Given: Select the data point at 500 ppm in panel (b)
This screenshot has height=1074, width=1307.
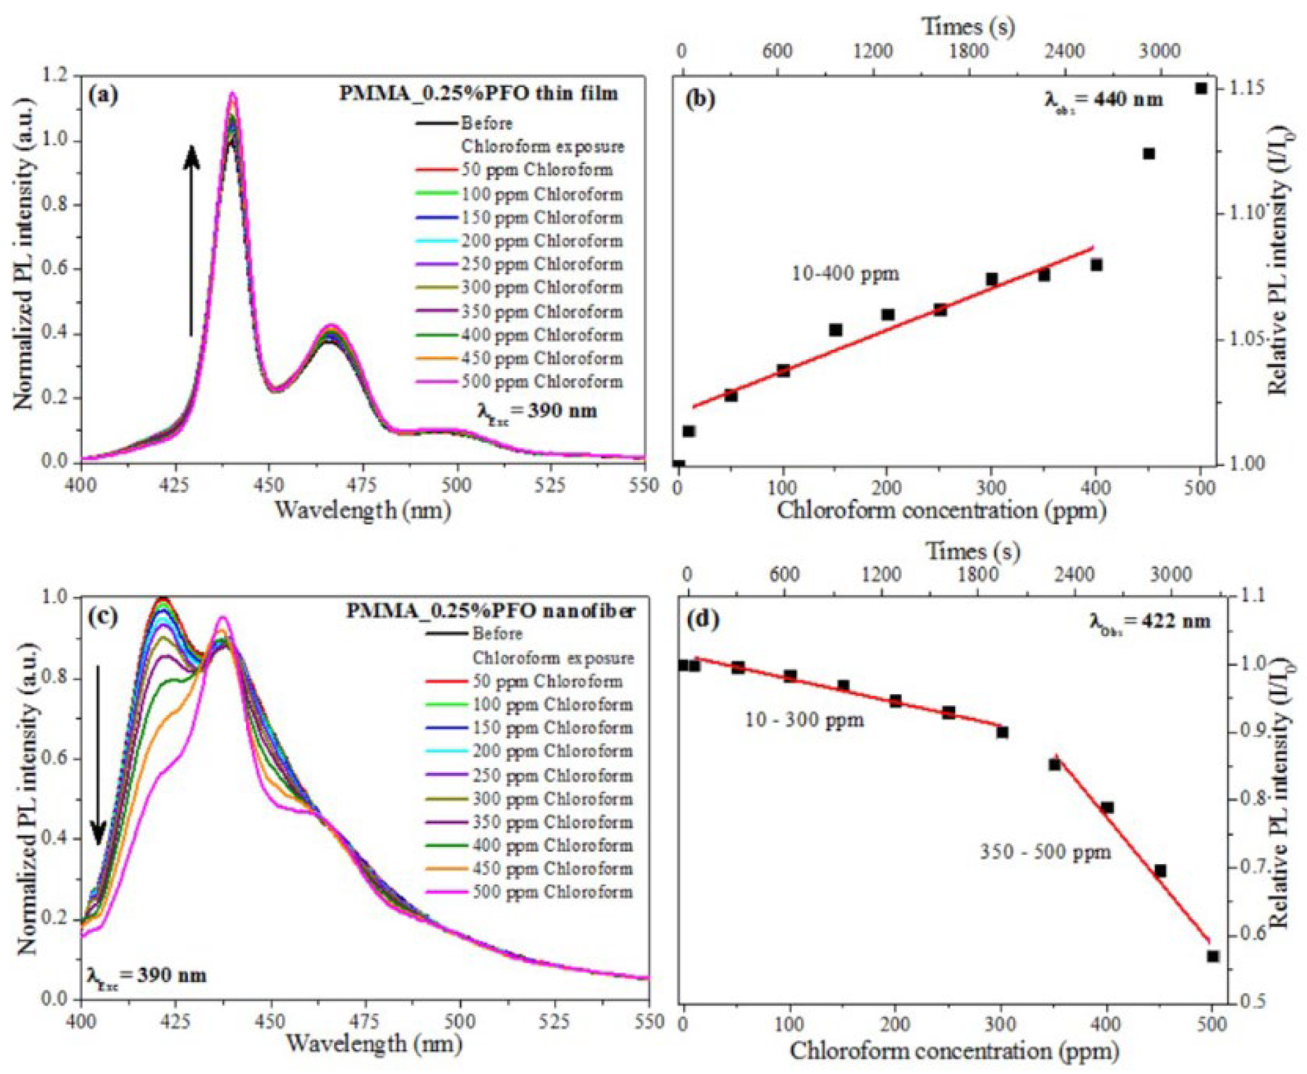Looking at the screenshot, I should click(1201, 88).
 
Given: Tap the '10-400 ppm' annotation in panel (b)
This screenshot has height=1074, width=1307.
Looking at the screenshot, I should click(845, 273).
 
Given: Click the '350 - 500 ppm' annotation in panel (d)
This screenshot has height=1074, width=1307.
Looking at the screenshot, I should click(1045, 852).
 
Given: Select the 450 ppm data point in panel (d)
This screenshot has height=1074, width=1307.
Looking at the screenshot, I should click(1160, 871).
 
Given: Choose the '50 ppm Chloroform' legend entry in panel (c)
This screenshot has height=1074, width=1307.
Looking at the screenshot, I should click(548, 681).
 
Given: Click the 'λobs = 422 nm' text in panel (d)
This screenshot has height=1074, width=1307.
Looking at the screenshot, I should click(1149, 621).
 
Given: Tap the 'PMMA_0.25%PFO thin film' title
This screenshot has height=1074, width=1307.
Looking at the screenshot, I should click(478, 94).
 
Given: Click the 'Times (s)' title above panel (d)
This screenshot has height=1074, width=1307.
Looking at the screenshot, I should click(972, 551).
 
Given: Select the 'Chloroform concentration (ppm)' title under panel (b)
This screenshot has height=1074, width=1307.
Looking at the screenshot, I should click(941, 511).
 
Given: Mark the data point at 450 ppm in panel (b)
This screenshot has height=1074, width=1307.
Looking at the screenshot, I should click(1149, 154).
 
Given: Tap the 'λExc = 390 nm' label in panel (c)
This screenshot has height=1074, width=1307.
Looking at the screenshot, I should click(146, 976).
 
